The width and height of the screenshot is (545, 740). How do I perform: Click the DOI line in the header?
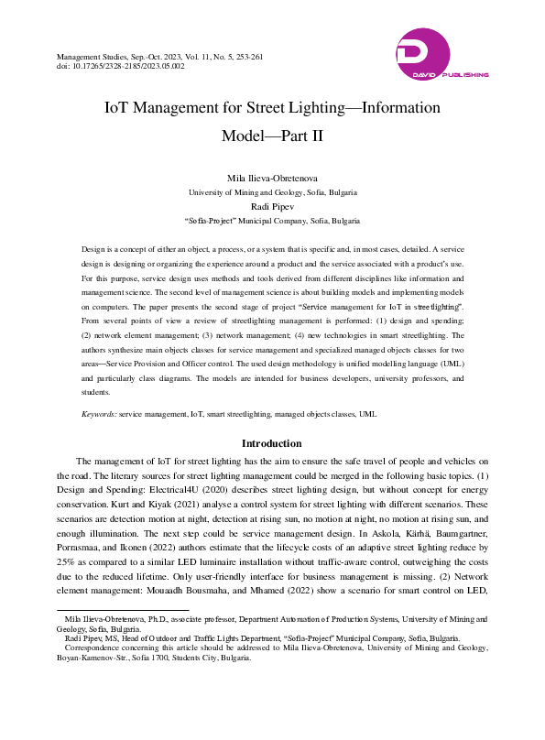coord(120,67)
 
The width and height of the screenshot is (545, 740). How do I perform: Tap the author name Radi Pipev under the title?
coord(272,207)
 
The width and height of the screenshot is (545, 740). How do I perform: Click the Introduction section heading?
coord(272,443)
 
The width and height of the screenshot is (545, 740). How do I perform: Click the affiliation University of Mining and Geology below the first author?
coord(272,192)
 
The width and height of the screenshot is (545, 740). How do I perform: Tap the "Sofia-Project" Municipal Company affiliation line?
coord(272,222)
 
